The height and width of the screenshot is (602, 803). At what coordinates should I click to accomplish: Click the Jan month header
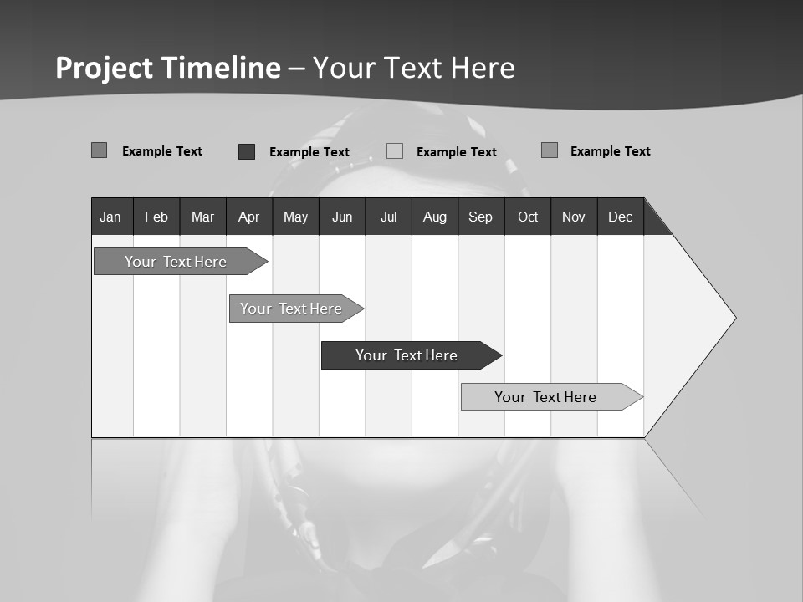(110, 217)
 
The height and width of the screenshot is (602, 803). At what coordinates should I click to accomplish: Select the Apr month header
(248, 217)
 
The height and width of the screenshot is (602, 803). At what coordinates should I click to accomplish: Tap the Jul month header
(388, 217)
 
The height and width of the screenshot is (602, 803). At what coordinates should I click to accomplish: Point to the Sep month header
(480, 217)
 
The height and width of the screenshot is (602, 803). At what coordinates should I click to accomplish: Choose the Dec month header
(620, 217)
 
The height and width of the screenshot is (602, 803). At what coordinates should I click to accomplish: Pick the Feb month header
(156, 217)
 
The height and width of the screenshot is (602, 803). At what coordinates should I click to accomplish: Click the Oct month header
(528, 217)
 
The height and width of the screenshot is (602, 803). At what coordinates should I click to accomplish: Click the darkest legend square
(247, 151)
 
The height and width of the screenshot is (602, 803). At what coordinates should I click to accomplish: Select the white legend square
(395, 151)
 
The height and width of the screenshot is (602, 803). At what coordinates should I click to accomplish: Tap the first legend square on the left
(100, 150)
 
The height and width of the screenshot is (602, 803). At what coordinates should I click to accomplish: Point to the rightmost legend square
(550, 150)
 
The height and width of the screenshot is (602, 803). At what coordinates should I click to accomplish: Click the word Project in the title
(105, 68)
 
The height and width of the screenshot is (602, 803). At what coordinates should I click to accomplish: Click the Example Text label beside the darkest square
(309, 152)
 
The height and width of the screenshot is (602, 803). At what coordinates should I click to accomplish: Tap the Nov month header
(574, 217)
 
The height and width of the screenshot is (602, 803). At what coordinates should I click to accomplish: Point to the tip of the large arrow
(734, 318)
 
